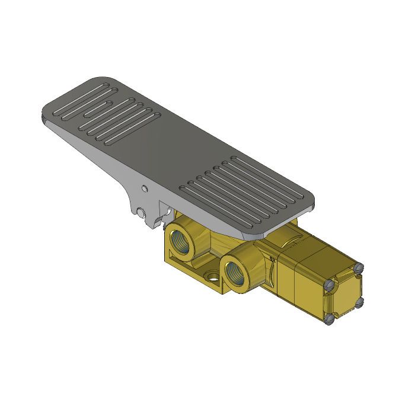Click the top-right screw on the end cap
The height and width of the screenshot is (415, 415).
357,269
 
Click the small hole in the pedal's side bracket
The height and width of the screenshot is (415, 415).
145,190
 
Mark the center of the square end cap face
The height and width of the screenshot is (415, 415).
346,294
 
